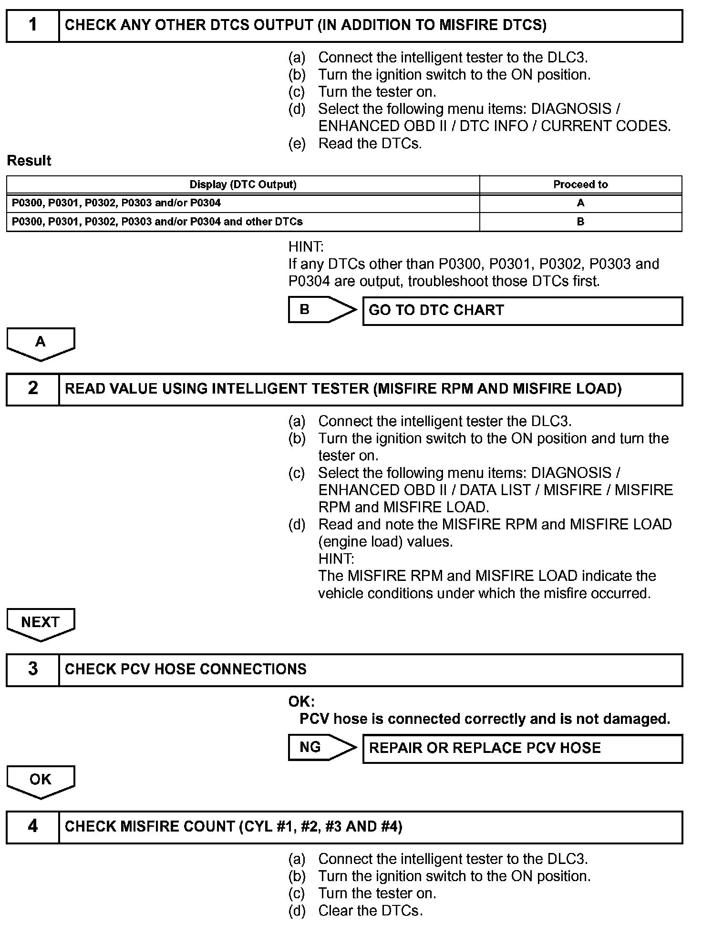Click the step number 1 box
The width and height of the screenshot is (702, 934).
pyautogui.click(x=32, y=25)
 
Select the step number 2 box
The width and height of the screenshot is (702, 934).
pyautogui.click(x=32, y=389)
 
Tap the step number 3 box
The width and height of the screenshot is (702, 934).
pyautogui.click(x=32, y=669)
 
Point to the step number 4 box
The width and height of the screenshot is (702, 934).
pyautogui.click(x=32, y=826)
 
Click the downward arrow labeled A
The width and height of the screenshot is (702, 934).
pyautogui.click(x=41, y=343)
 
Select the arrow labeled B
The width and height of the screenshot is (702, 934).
pyautogui.click(x=322, y=310)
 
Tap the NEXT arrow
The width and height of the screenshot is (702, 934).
pyautogui.click(x=41, y=623)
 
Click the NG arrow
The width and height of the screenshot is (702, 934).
pyautogui.click(x=322, y=747)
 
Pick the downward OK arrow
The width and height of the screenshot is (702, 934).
pyautogui.click(x=41, y=781)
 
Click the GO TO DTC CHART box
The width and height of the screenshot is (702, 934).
pyautogui.click(x=522, y=311)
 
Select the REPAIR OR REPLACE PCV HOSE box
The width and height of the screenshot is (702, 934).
pyautogui.click(x=522, y=748)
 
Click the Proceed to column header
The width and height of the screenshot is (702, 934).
pyautogui.click(x=580, y=184)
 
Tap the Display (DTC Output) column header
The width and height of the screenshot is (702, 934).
pyautogui.click(x=243, y=184)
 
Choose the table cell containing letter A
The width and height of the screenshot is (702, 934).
pyautogui.click(x=580, y=203)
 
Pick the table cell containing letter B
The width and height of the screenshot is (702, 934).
pyautogui.click(x=580, y=222)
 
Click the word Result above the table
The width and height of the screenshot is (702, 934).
pyautogui.click(x=29, y=161)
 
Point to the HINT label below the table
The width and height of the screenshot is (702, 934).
pyautogui.click(x=306, y=247)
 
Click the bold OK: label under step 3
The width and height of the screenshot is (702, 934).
pyautogui.click(x=301, y=701)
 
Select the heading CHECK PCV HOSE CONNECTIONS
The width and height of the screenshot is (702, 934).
pyautogui.click(x=186, y=669)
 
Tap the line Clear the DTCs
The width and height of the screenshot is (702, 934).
pyautogui.click(x=370, y=911)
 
